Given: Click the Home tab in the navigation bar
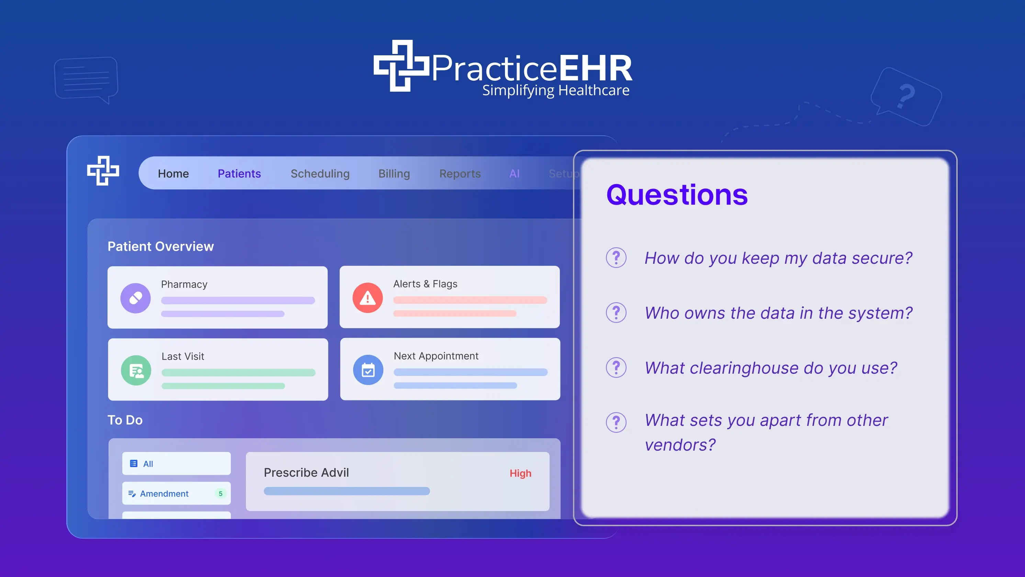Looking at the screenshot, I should (x=173, y=173).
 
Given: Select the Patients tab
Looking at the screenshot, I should (x=239, y=173).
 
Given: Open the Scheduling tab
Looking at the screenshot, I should (x=320, y=173).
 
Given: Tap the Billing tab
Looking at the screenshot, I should (x=394, y=173).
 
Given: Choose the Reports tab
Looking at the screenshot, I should (x=460, y=173).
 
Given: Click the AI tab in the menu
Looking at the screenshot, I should (x=514, y=173).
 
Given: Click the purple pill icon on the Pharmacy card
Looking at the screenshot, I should (x=136, y=298).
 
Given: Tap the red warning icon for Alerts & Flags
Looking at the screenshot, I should (x=368, y=298).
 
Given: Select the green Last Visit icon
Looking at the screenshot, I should (x=136, y=371).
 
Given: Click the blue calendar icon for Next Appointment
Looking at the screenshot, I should (x=368, y=370).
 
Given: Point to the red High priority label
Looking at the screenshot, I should (x=520, y=473).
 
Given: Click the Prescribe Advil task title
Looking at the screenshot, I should (x=306, y=472).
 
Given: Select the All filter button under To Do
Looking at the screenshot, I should (x=176, y=464).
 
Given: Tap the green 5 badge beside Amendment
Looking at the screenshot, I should (x=221, y=494).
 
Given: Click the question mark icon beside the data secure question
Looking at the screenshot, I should (x=616, y=258).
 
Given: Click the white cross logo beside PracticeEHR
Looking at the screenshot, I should (x=401, y=66).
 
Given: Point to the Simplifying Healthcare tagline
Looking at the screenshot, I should (x=556, y=90).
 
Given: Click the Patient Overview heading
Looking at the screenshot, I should (x=161, y=246).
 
